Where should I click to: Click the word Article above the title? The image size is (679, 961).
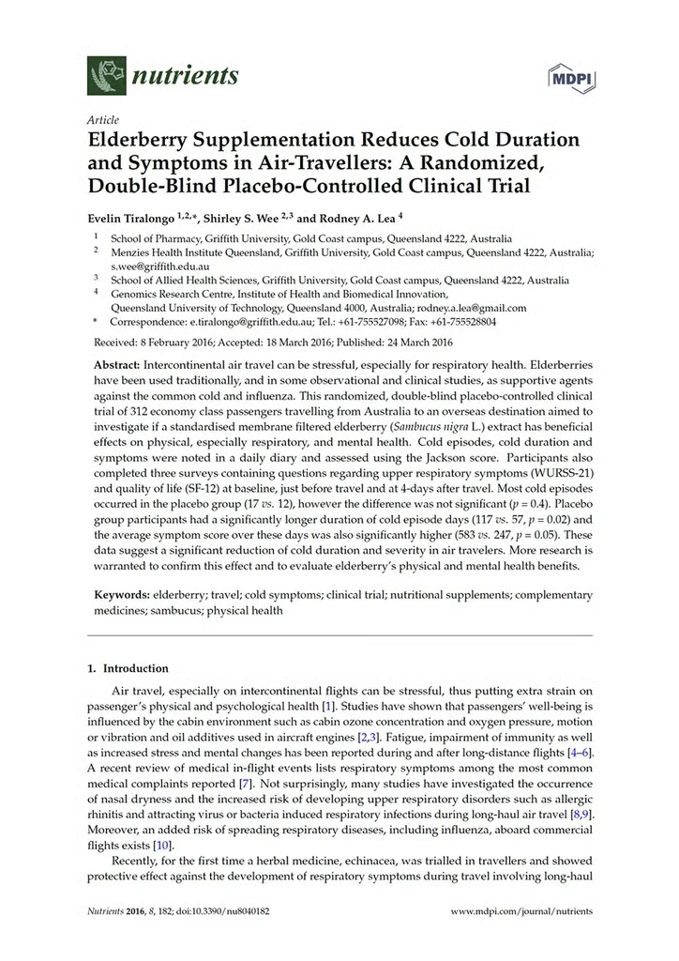pos(99,121)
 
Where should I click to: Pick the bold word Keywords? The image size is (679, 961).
pos(125,595)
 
